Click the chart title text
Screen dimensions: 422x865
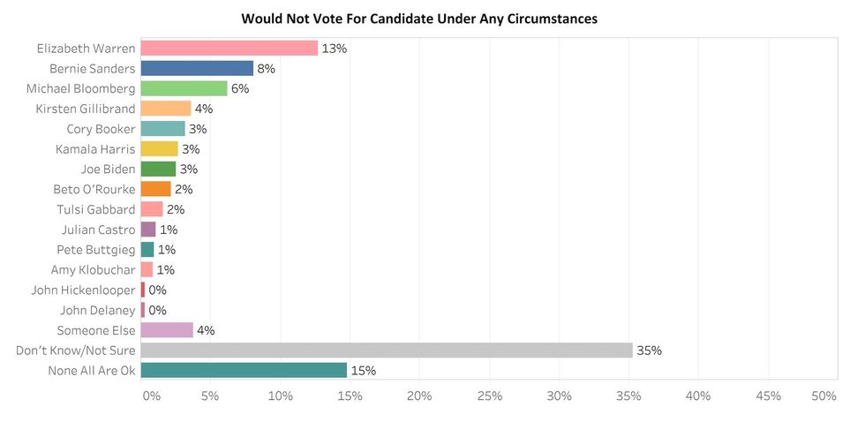419,18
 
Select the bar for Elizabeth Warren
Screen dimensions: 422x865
229,48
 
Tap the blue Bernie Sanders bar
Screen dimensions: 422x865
197,68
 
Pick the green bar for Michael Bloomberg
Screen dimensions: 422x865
184,88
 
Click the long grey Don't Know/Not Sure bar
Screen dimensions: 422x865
387,350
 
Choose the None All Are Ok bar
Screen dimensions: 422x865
244,370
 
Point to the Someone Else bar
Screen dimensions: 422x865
167,330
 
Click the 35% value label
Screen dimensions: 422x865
650,350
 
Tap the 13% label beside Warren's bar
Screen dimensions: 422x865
335,48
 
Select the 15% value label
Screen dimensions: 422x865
364,370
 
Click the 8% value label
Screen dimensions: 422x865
267,68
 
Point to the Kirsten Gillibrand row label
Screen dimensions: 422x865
86,109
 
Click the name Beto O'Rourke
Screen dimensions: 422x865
94,189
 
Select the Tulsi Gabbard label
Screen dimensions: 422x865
96,209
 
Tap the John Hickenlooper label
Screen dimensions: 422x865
83,290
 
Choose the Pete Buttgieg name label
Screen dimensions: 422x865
96,250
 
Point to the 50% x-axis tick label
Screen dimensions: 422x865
824,396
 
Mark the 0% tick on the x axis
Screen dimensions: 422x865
152,396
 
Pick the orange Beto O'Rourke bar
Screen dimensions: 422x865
155,189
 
